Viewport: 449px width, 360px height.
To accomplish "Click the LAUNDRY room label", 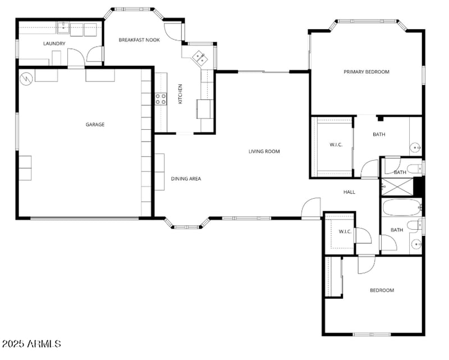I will pyautogui.click(x=54, y=43).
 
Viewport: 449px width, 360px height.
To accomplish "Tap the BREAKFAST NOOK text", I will pyautogui.click(x=139, y=40).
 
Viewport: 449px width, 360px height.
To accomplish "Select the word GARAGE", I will pyautogui.click(x=95, y=125).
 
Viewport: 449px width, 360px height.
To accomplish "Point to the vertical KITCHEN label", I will pyautogui.click(x=180, y=94).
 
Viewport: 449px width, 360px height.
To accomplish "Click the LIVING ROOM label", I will pyautogui.click(x=264, y=151).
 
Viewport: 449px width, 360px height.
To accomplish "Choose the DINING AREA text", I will pyautogui.click(x=186, y=179).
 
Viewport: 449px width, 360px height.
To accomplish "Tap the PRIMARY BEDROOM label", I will pyautogui.click(x=366, y=72).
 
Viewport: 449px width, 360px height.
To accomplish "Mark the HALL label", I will pyautogui.click(x=349, y=192).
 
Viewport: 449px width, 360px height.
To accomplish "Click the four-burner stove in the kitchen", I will pyautogui.click(x=161, y=99).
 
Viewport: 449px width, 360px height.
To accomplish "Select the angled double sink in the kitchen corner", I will pyautogui.click(x=199, y=57).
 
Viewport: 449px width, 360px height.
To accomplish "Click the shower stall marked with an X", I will pyautogui.click(x=396, y=186).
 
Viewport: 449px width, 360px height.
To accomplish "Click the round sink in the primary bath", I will pyautogui.click(x=416, y=148).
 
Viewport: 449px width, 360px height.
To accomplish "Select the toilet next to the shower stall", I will pyautogui.click(x=415, y=167).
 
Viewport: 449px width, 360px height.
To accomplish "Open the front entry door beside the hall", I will pyautogui.click(x=310, y=208).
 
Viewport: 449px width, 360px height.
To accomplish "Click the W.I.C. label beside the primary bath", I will pyautogui.click(x=336, y=145).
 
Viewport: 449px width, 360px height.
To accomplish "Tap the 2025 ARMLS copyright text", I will pyautogui.click(x=31, y=343).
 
